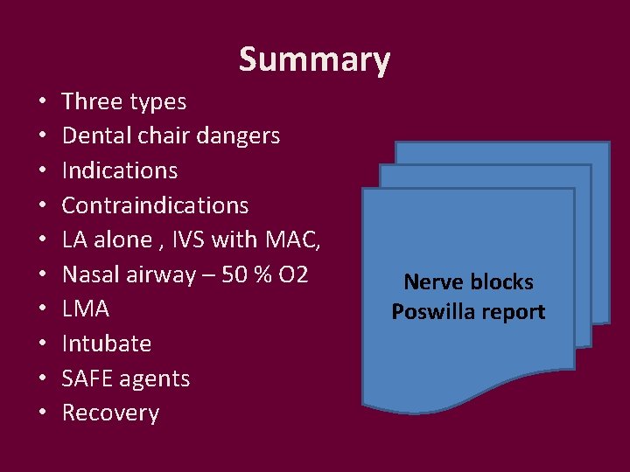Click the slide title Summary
[x=314, y=60]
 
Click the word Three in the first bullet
[x=92, y=101]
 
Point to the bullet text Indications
[x=120, y=170]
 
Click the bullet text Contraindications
[x=156, y=205]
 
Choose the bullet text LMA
[x=86, y=309]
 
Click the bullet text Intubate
[x=107, y=344]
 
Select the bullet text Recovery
[x=110, y=413]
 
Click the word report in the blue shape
[x=513, y=313]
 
